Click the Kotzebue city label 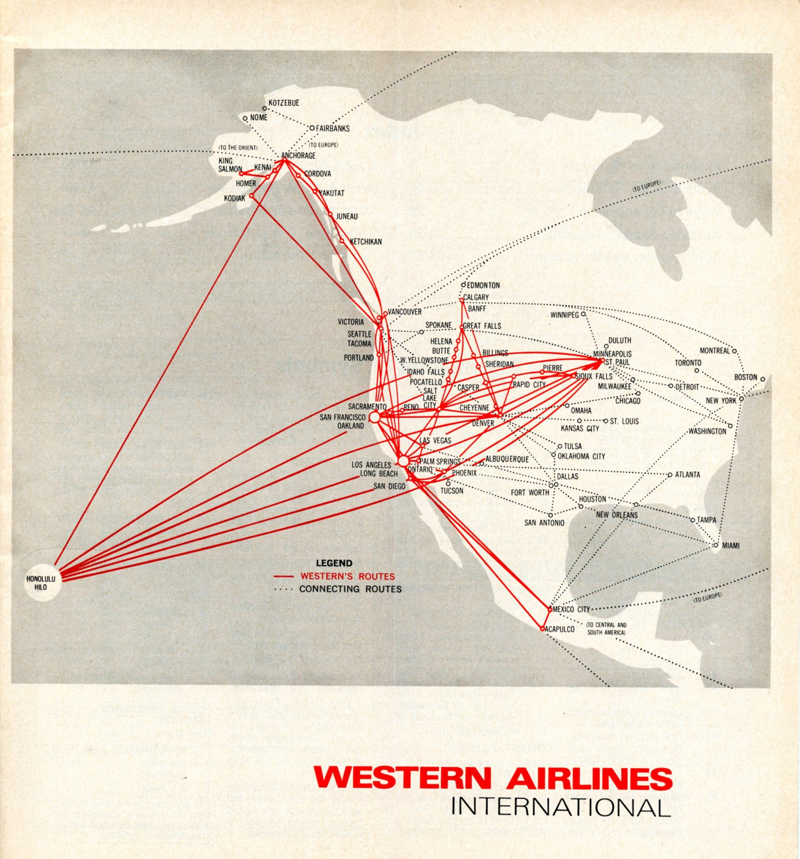[284, 103]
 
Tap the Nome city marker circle [245, 118]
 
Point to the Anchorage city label [298, 155]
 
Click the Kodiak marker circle [251, 195]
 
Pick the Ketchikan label [366, 242]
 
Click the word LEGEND [334, 563]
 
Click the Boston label [745, 377]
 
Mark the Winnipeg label [564, 315]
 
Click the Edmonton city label [483, 285]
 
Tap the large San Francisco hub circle [374, 417]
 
